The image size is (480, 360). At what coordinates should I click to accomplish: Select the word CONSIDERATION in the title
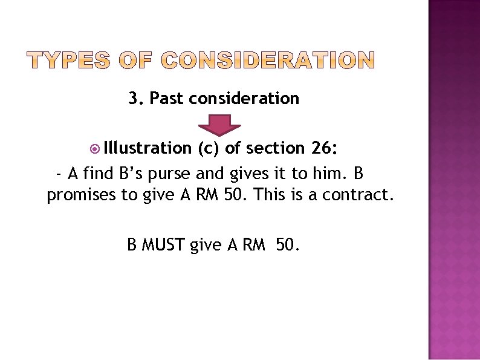[268, 60]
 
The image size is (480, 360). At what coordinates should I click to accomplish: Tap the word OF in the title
[140, 60]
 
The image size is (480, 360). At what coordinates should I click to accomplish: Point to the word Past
[166, 98]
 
